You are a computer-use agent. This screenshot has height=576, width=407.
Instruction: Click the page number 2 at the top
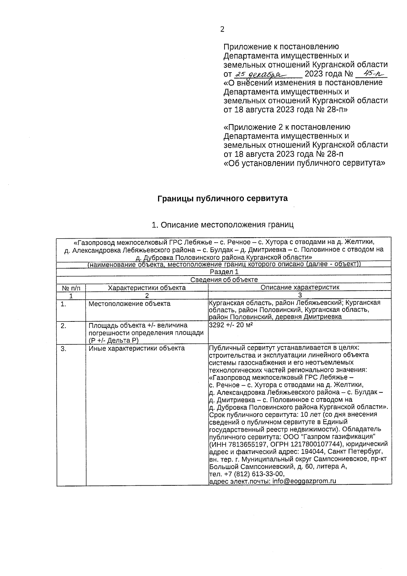click(222, 30)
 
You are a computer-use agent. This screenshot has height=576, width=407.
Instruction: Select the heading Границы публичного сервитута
click(222, 199)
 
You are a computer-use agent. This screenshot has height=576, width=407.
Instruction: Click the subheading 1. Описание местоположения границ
click(222, 225)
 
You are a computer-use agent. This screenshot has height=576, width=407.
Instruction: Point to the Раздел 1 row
click(224, 272)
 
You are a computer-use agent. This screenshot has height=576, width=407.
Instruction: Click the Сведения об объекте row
click(224, 280)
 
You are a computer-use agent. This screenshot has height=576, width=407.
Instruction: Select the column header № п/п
click(71, 288)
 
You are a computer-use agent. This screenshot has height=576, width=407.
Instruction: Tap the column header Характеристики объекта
click(147, 288)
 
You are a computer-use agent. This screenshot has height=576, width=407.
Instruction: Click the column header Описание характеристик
click(300, 287)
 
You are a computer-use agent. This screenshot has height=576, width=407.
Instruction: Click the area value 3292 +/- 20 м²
click(231, 325)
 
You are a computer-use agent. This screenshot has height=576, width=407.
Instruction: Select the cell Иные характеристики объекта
click(137, 348)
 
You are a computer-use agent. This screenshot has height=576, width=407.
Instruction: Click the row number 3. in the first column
click(63, 348)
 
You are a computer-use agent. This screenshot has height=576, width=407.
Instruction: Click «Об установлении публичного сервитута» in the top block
click(305, 163)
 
